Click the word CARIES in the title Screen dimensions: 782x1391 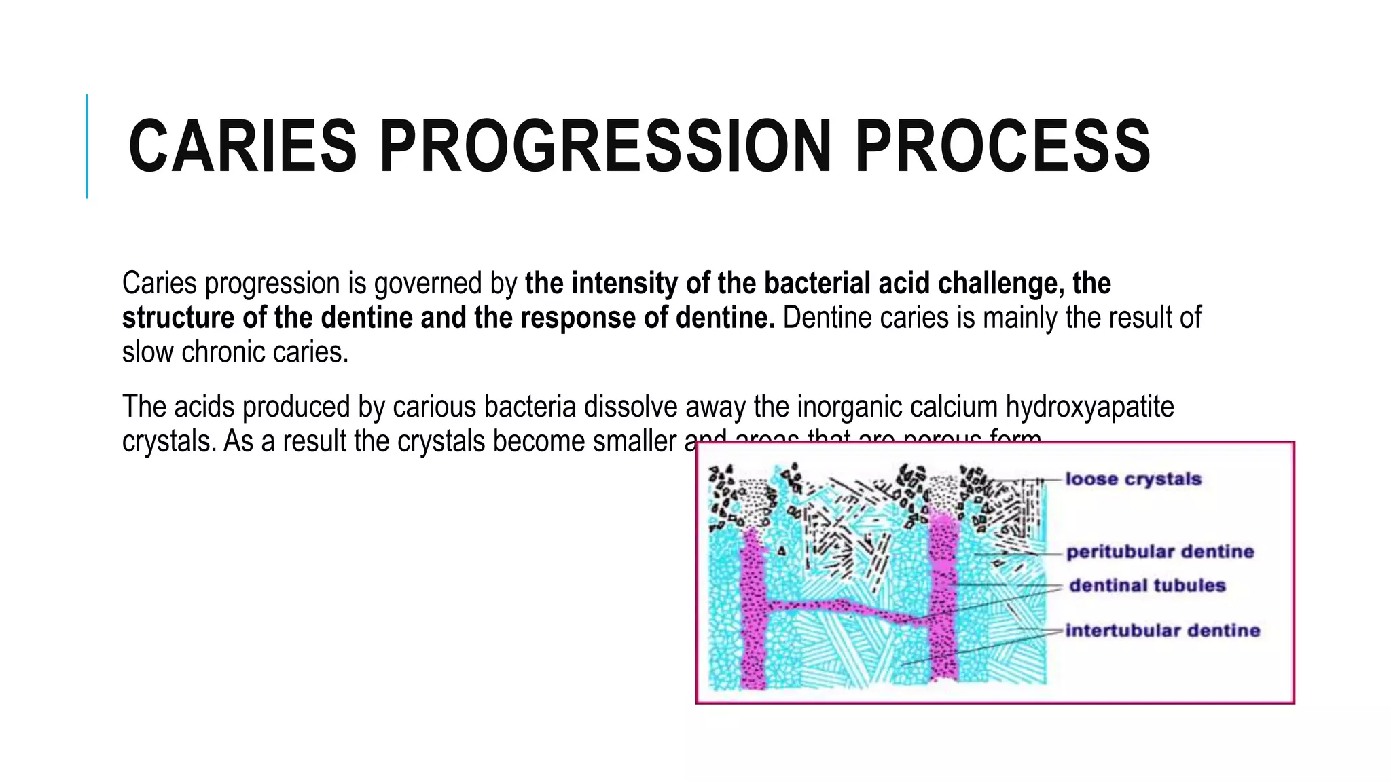point(242,147)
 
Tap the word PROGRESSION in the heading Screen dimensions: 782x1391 point(605,147)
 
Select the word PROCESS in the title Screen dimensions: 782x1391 point(1002,147)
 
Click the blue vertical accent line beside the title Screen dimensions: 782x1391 point(87,146)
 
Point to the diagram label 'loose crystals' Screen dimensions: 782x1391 point(1133,479)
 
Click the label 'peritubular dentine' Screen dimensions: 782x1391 point(1159,552)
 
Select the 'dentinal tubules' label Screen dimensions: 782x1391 point(1147,585)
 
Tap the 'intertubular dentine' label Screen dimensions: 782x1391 point(1162,631)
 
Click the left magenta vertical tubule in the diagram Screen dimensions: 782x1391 point(753,611)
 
